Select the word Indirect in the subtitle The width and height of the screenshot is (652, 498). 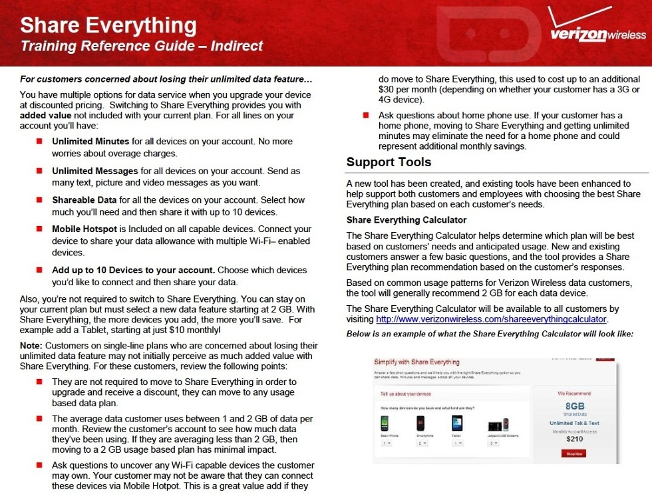click(x=236, y=46)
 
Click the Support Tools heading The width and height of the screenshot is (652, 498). click(x=389, y=162)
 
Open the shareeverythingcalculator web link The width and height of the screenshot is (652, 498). click(x=492, y=319)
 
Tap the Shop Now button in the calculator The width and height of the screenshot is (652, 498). click(x=573, y=453)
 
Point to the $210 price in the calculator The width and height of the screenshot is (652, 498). click(x=573, y=439)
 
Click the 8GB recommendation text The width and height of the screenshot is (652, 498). click(x=573, y=406)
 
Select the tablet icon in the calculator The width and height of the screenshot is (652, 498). click(x=456, y=424)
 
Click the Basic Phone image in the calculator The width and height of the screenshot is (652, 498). click(x=384, y=424)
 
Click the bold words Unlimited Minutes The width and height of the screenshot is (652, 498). click(x=90, y=142)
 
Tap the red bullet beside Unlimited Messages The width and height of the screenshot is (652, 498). click(x=39, y=171)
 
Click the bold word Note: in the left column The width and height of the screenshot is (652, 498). click(x=31, y=346)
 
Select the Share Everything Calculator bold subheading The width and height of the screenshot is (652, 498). click(x=407, y=220)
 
